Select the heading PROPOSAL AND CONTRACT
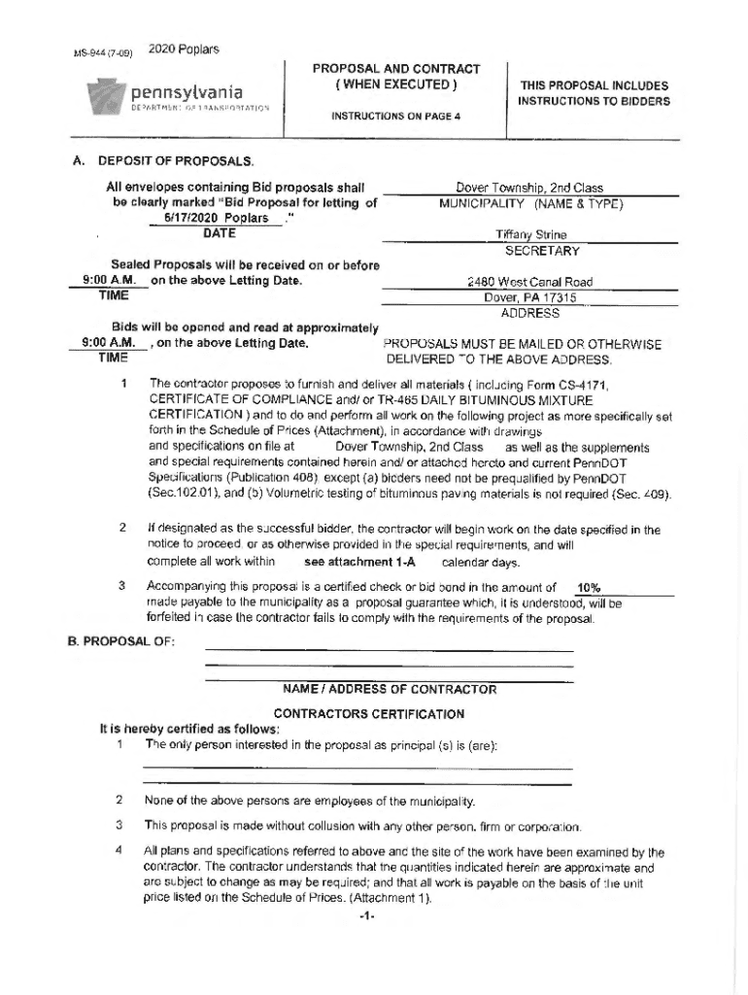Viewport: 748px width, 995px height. (x=395, y=69)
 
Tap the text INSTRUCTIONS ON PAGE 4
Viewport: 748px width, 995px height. (x=395, y=117)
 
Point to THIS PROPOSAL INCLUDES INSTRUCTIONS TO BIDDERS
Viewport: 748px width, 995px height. (x=594, y=93)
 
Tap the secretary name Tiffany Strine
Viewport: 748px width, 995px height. (x=530, y=235)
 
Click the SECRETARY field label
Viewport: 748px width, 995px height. (x=541, y=251)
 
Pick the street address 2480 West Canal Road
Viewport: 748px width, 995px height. (x=529, y=283)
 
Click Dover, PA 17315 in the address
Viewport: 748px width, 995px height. (x=530, y=298)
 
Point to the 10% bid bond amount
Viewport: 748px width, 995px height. (x=589, y=588)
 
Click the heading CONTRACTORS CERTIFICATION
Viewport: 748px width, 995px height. (x=369, y=714)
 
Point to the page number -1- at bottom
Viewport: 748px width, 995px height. (x=366, y=916)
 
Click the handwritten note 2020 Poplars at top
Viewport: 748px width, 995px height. (x=184, y=49)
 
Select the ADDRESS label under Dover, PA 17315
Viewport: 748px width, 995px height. (x=529, y=313)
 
